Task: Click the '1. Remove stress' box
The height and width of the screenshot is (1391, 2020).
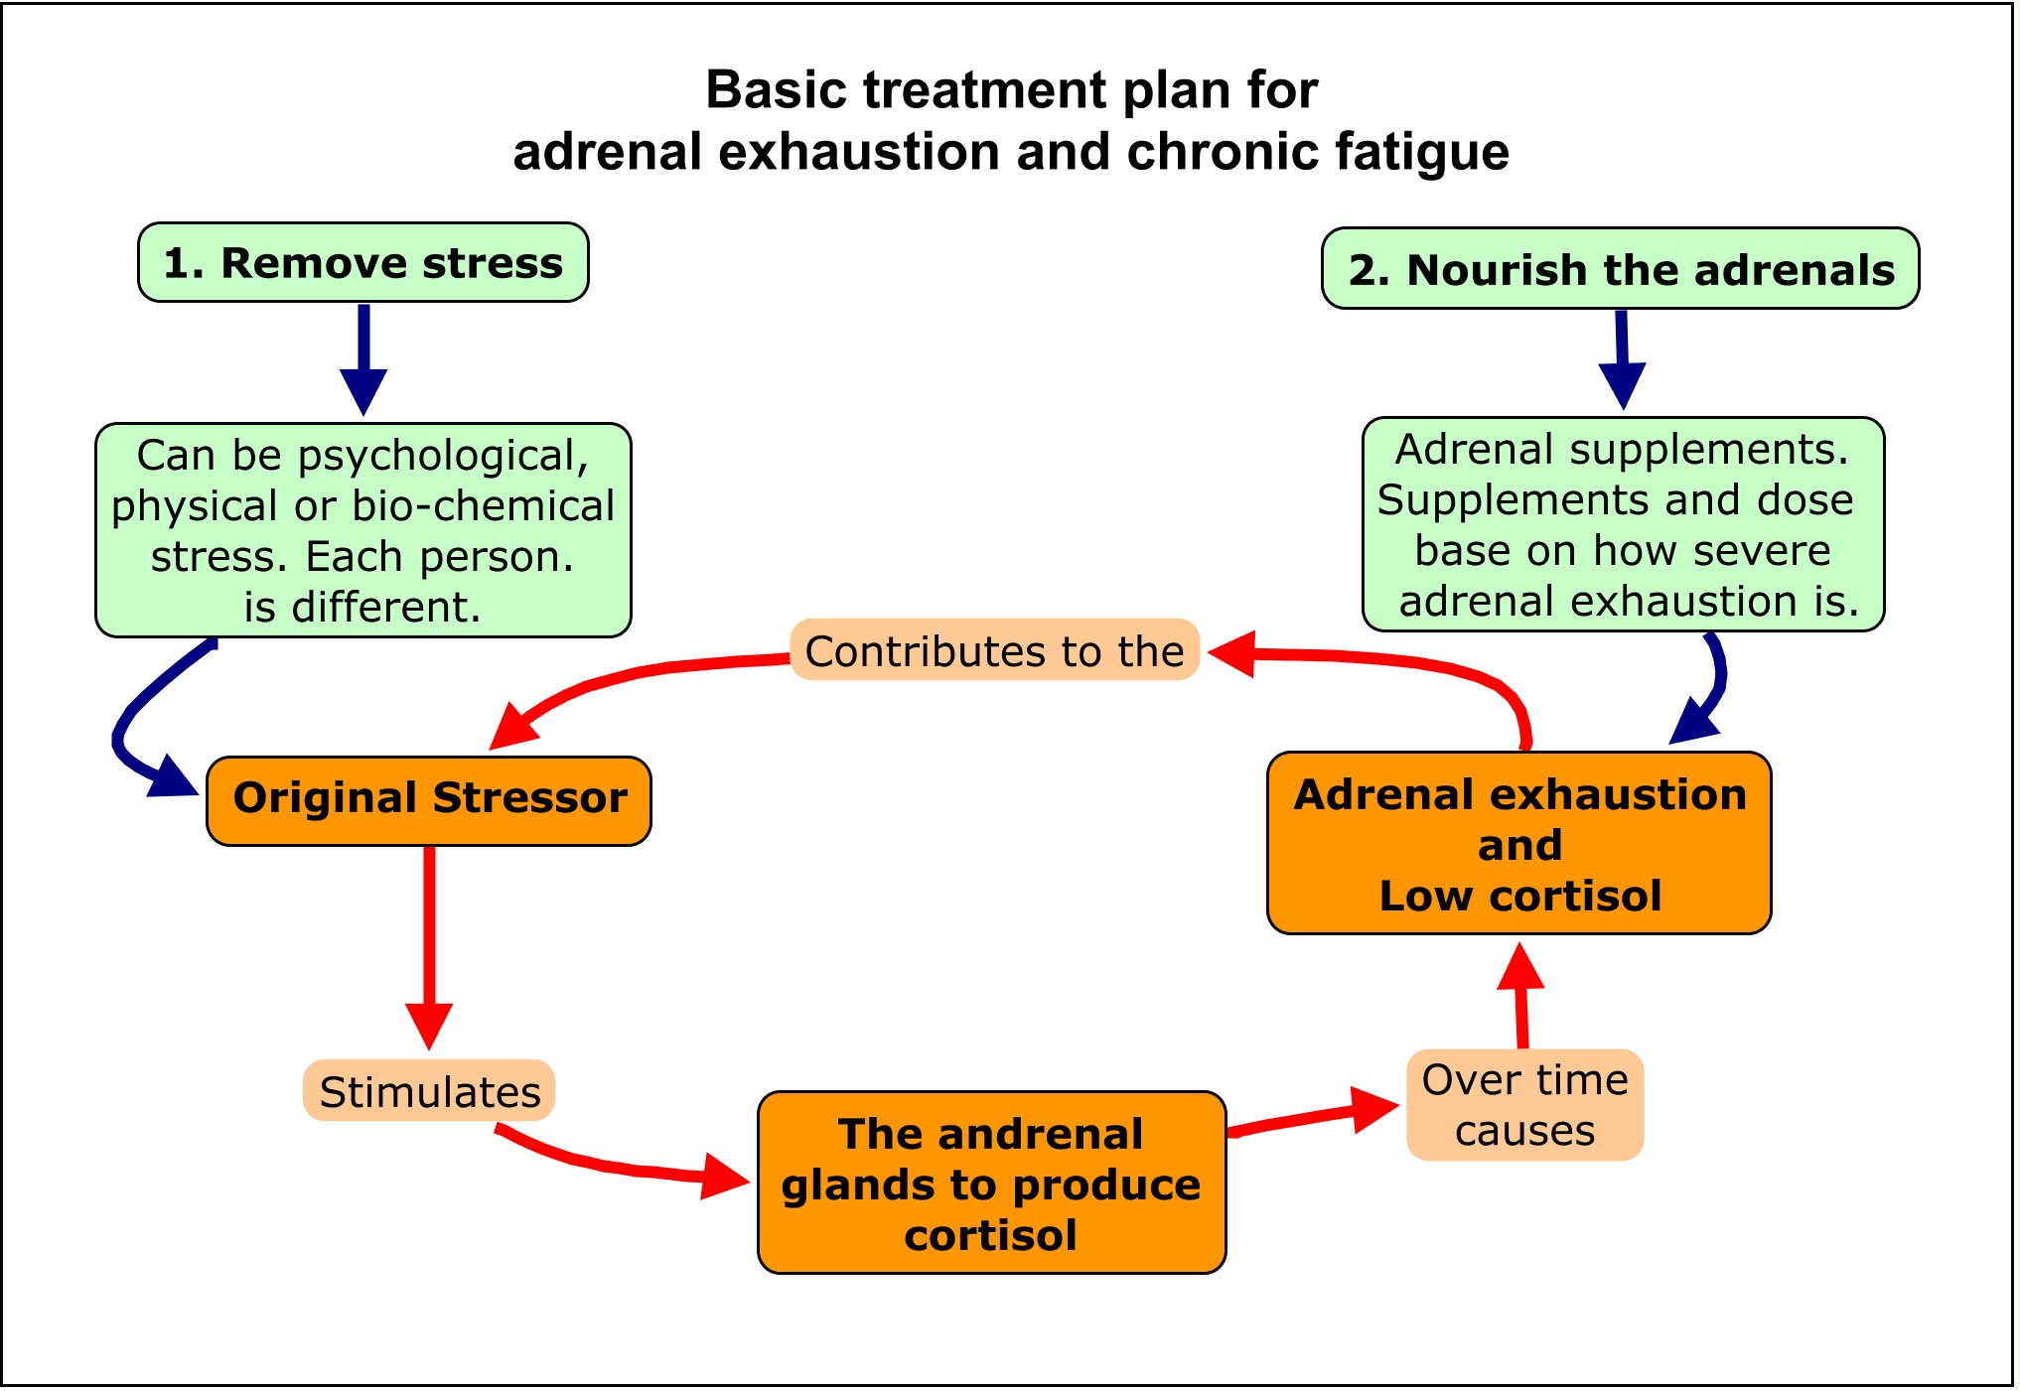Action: tap(362, 263)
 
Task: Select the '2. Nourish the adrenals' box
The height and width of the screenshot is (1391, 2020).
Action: tap(1620, 269)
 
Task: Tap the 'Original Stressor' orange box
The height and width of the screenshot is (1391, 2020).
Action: tap(429, 800)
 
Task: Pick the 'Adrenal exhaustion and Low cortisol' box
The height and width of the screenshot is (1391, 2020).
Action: tap(1518, 844)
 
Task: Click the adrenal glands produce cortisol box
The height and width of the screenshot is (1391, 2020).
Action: tap(991, 1182)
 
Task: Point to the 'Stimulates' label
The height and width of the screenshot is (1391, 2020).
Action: tap(429, 1091)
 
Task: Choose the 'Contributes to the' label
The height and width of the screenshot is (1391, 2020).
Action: tap(994, 651)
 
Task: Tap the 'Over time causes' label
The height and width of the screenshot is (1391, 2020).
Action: tap(1524, 1105)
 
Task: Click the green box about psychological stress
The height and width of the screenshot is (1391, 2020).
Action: tap(362, 530)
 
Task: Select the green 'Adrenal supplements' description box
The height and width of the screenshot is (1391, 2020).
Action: tap(1623, 524)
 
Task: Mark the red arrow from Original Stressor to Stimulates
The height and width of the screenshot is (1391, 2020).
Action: tap(429, 943)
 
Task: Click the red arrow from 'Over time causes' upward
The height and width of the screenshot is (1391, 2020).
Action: tap(1521, 993)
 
